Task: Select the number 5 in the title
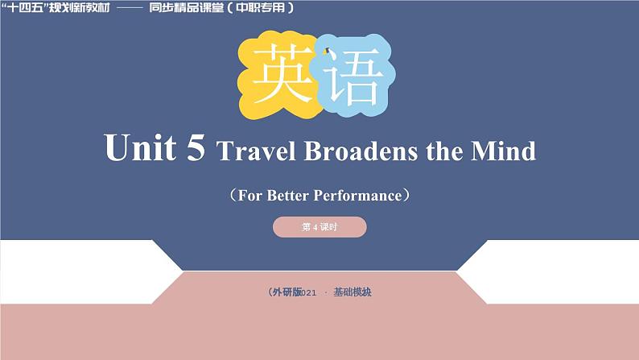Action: (196, 149)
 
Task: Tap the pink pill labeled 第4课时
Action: (319, 228)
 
